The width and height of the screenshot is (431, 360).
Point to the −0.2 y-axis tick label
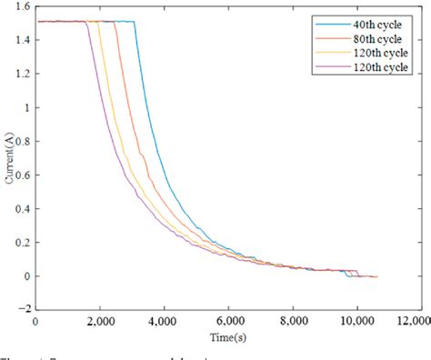[18, 309]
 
